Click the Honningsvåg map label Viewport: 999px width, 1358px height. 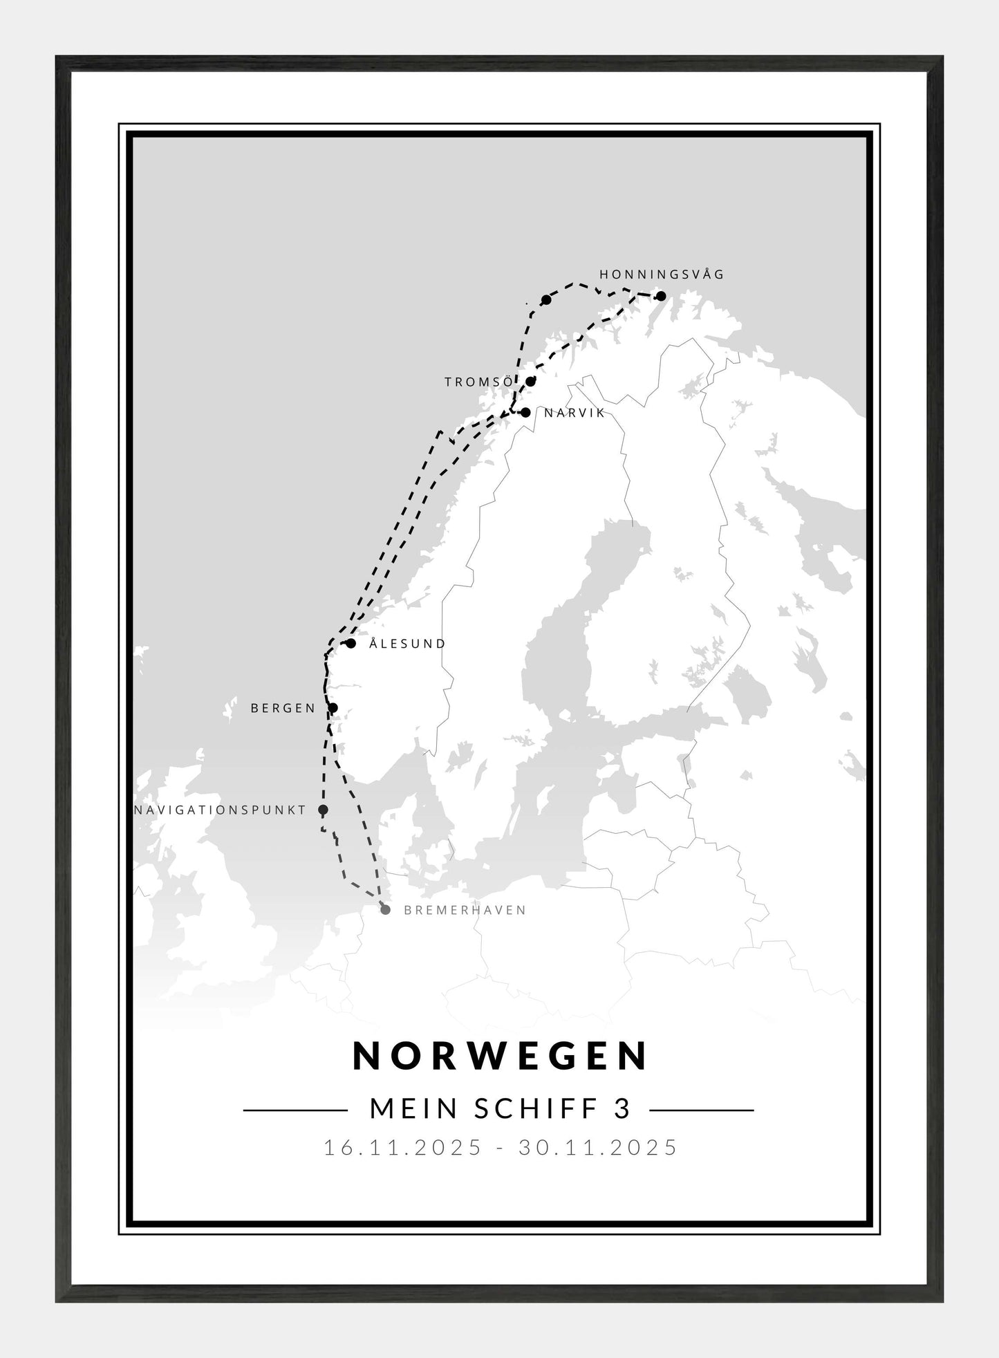662,275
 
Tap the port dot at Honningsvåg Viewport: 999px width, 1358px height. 660,297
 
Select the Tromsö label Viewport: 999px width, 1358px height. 478,382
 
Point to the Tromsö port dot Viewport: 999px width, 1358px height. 530,381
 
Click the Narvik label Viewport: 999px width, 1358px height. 575,413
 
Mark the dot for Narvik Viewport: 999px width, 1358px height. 525,413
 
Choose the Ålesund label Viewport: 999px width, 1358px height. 407,644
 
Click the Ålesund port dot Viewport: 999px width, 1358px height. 351,644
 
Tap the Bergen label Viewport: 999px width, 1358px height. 283,708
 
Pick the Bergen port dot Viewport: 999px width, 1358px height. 333,707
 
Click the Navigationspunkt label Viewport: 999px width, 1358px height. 220,810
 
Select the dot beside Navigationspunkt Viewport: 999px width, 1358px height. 323,810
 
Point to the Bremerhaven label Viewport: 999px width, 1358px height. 465,910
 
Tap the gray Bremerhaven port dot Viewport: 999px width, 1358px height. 385,910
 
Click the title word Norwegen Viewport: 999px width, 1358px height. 501,1055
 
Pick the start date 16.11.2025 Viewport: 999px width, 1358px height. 403,1148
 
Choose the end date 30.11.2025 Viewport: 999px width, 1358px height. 598,1148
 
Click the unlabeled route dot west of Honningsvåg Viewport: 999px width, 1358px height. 546,299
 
